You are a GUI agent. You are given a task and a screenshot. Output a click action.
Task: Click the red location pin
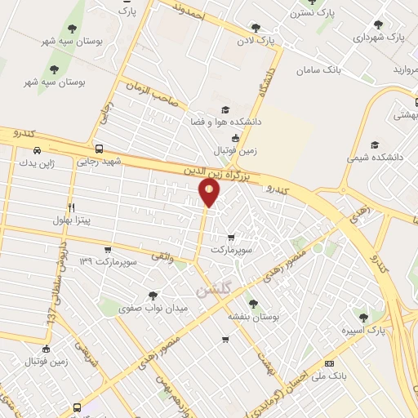(x=209, y=193)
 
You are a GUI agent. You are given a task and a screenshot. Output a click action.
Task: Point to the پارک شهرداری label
(x=381, y=38)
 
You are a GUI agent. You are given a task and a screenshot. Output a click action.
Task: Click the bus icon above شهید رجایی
(x=99, y=149)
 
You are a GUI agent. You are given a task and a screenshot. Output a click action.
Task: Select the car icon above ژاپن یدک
(x=38, y=149)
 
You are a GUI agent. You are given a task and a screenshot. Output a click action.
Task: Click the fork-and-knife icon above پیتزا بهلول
(x=73, y=207)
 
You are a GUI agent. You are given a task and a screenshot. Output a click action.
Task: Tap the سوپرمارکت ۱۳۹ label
(x=106, y=260)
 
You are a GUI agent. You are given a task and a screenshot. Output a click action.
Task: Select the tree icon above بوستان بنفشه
(x=252, y=302)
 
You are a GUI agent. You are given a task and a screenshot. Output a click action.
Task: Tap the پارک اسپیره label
(x=365, y=330)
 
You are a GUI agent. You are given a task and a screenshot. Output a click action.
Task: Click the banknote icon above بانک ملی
(x=329, y=362)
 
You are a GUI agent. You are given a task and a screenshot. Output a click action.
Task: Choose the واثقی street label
(x=162, y=257)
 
